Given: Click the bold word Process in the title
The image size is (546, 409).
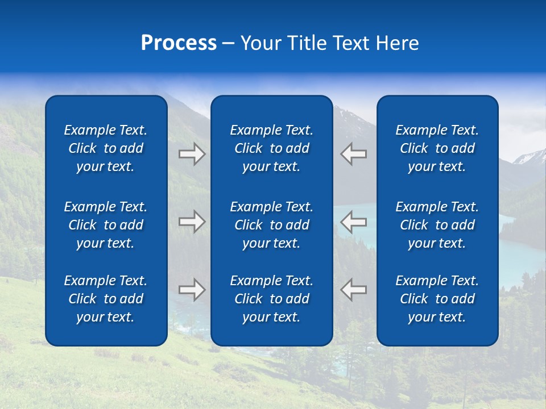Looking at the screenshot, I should [x=179, y=43].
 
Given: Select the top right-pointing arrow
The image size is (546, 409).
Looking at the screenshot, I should [x=192, y=154].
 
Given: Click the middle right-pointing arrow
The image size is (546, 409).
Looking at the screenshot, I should [x=192, y=222].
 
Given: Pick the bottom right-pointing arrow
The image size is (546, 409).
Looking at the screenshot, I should [x=192, y=290].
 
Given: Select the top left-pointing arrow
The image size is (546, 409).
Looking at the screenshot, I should [x=353, y=154].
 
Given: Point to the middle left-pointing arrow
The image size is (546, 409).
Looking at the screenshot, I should [x=353, y=222].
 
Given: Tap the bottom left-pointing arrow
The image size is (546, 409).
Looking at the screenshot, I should [x=353, y=290].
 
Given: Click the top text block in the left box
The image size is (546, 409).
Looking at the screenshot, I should [x=106, y=148].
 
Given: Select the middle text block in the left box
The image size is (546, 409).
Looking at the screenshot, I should [x=106, y=225].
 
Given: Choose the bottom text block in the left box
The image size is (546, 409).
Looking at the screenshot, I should [x=106, y=299].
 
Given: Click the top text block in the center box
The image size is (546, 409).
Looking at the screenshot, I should [x=272, y=148].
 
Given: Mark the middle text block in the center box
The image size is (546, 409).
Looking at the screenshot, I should [x=272, y=225].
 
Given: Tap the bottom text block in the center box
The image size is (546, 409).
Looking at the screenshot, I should [x=272, y=299].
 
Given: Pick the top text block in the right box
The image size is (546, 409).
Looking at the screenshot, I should [x=437, y=148].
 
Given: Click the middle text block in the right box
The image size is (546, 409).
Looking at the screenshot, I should [x=437, y=225].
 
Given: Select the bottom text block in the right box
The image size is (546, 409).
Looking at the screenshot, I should [x=437, y=299].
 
